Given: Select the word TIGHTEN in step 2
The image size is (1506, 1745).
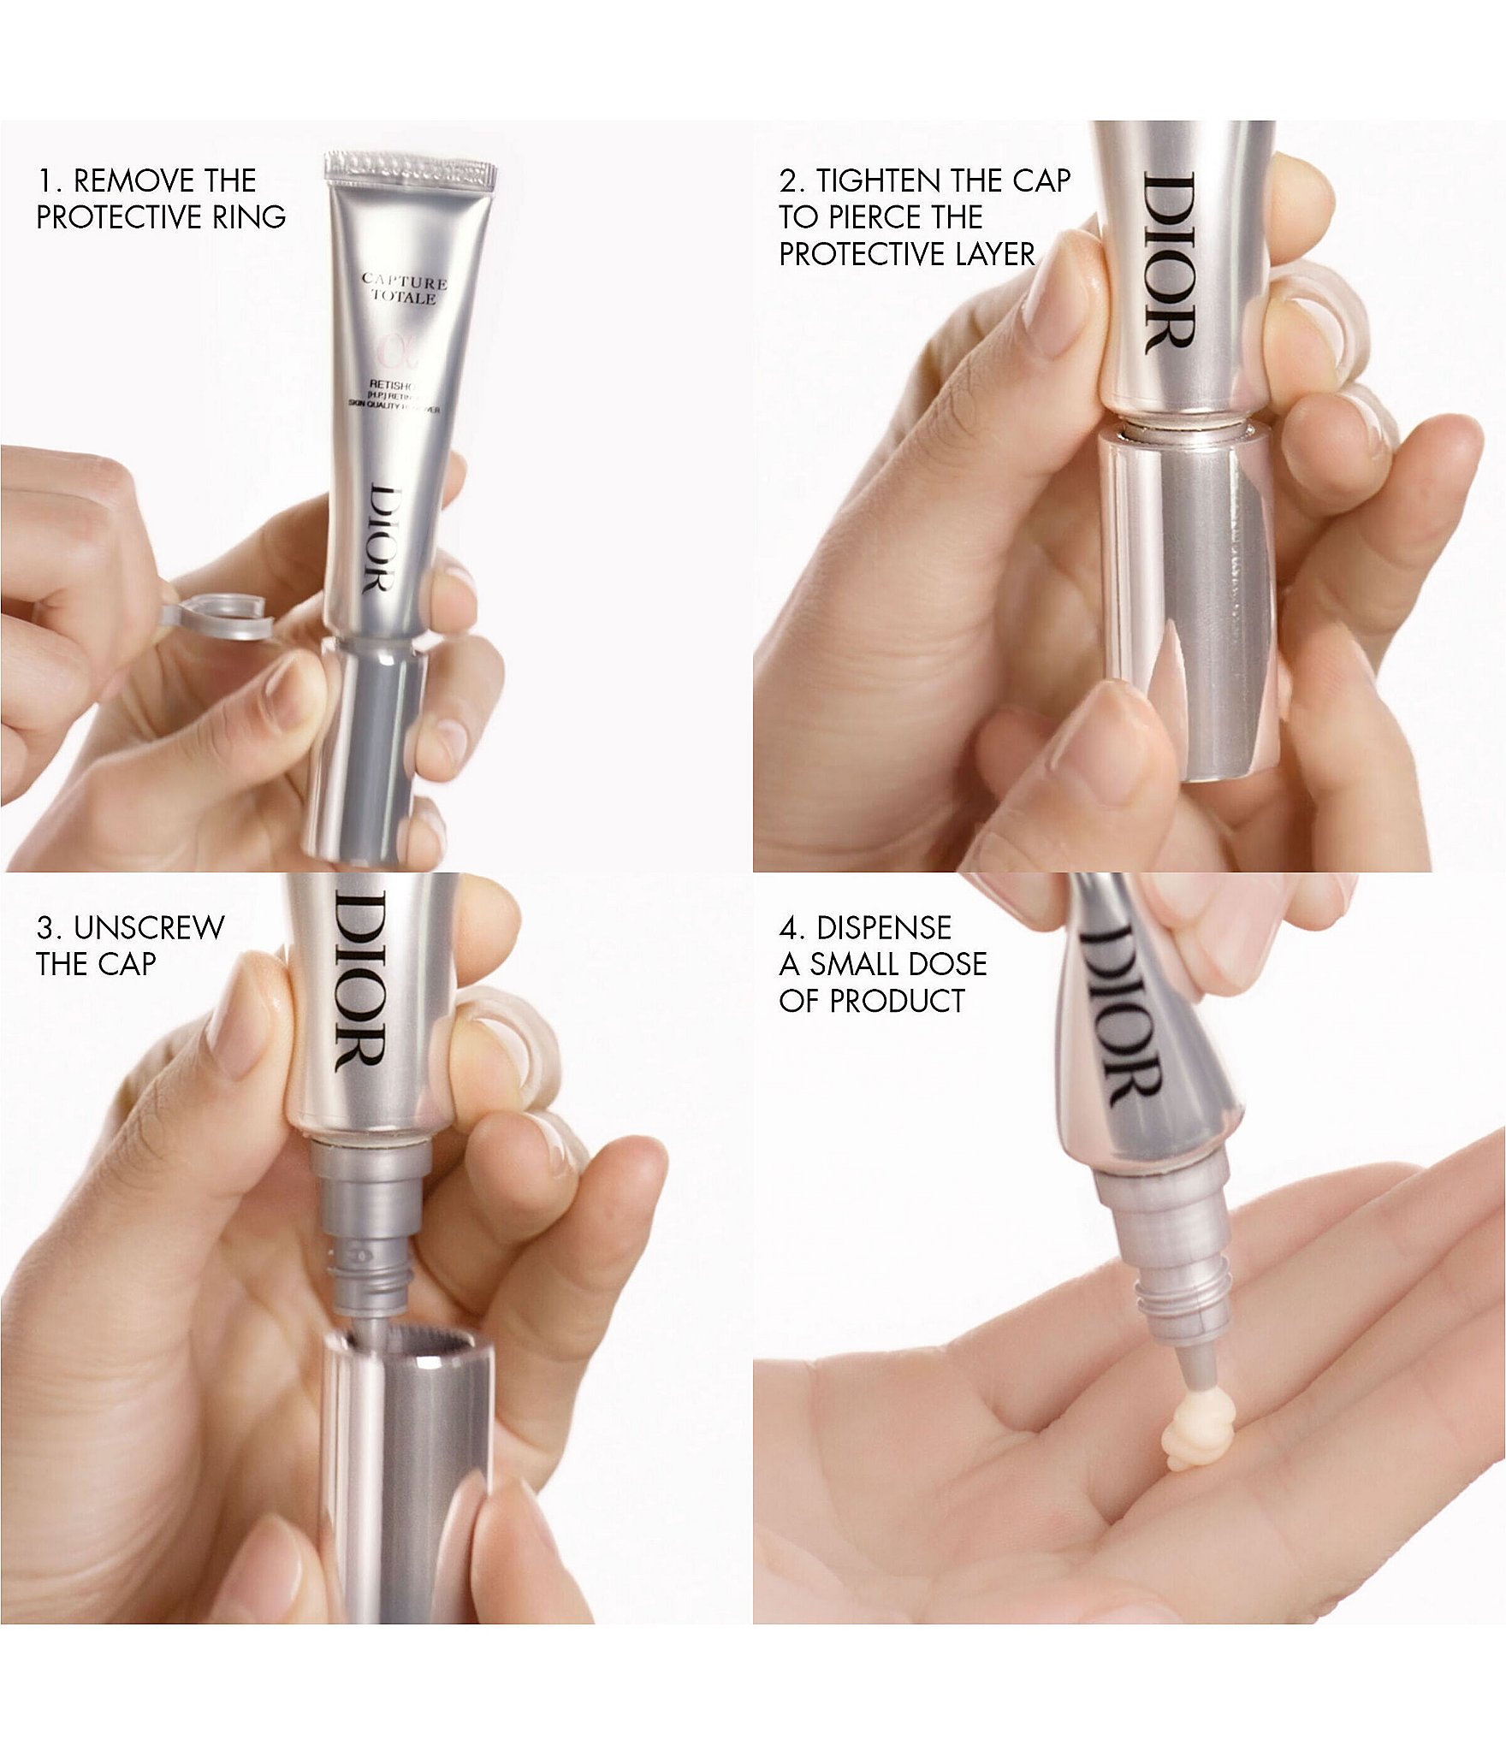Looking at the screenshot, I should pos(886,181).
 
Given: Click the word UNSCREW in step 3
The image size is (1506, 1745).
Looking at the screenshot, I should pos(149,928).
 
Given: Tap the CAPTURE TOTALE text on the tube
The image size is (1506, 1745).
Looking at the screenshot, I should pos(402,289).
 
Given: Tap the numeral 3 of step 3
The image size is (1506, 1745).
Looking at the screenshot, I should pos(44,928).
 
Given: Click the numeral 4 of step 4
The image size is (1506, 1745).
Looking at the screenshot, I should pos(787,928).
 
